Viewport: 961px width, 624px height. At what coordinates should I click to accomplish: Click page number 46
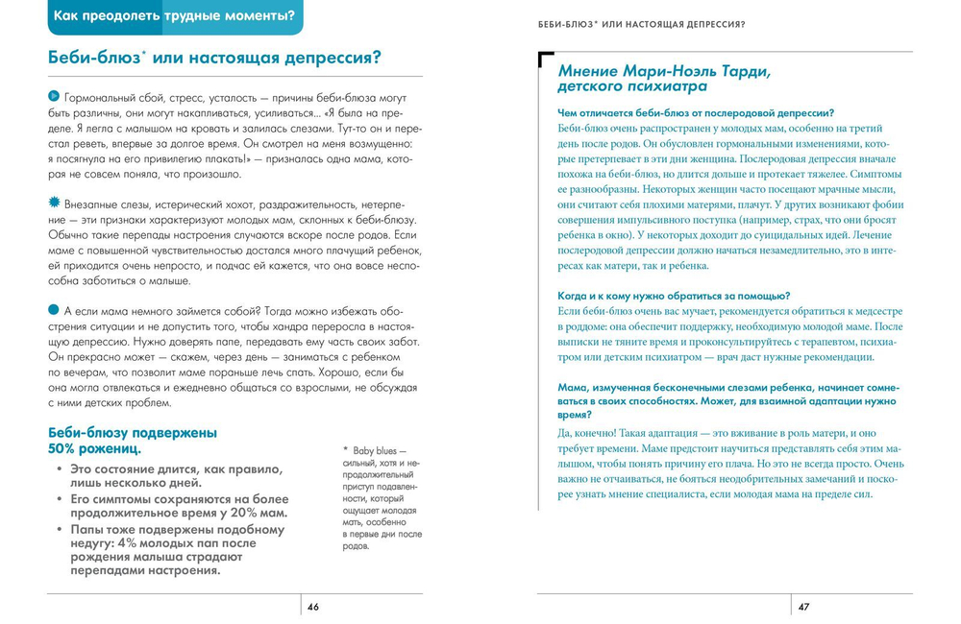pyautogui.click(x=313, y=607)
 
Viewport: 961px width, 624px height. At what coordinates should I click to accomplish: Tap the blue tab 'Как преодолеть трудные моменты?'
pyautogui.click(x=174, y=15)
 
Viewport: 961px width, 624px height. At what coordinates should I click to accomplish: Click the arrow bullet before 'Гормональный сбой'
pyautogui.click(x=53, y=97)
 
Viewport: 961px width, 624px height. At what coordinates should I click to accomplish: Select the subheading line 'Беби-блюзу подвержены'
pyautogui.click(x=132, y=432)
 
